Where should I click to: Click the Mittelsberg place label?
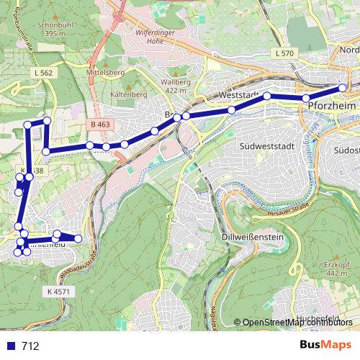(105, 73)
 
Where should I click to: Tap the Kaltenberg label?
(129, 94)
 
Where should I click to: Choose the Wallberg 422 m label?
(176, 86)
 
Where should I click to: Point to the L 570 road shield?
(284, 54)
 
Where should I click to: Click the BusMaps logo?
(326, 345)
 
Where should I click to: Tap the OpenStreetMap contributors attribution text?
(297, 322)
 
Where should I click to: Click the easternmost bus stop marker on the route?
(343, 89)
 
